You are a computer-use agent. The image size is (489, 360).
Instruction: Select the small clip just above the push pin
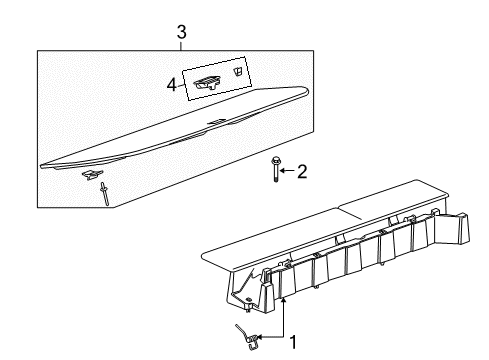click(92, 175)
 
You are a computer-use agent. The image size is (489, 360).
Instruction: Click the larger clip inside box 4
click(208, 85)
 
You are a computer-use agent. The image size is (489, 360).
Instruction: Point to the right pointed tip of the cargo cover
click(304, 96)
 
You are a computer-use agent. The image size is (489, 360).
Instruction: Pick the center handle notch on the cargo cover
click(215, 122)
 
